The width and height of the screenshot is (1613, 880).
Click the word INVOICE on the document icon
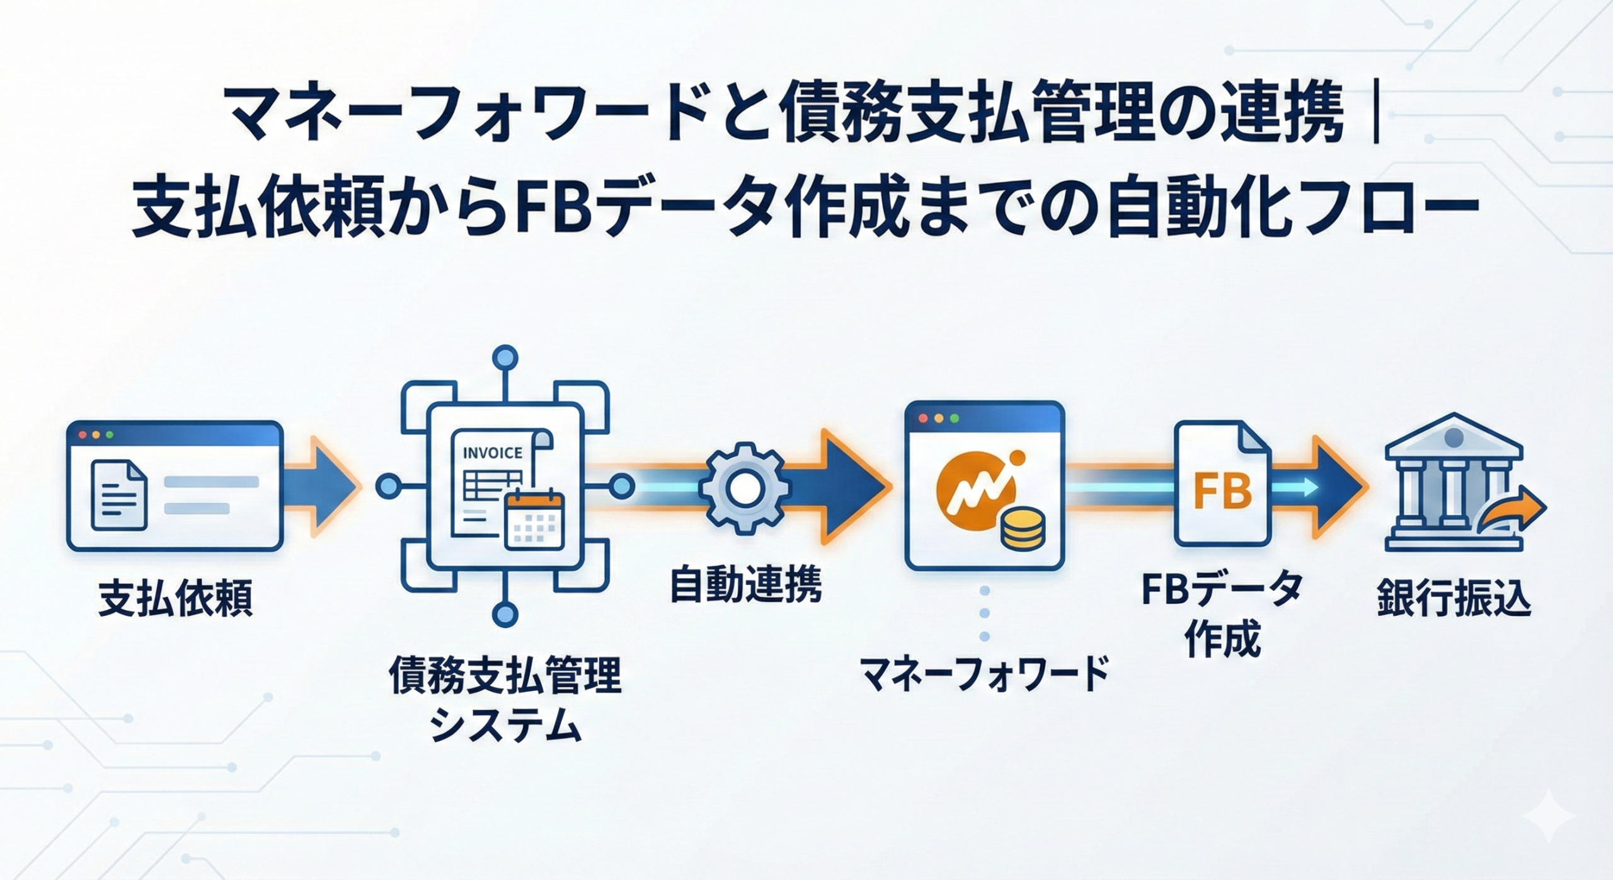(492, 453)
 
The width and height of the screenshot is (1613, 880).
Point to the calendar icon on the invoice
(535, 518)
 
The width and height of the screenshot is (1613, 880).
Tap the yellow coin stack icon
(1023, 528)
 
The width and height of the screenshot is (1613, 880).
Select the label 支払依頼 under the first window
(175, 598)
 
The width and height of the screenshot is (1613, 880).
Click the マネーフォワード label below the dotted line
(984, 674)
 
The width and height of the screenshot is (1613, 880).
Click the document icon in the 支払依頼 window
(118, 494)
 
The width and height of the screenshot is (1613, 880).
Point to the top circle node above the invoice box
(504, 358)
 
